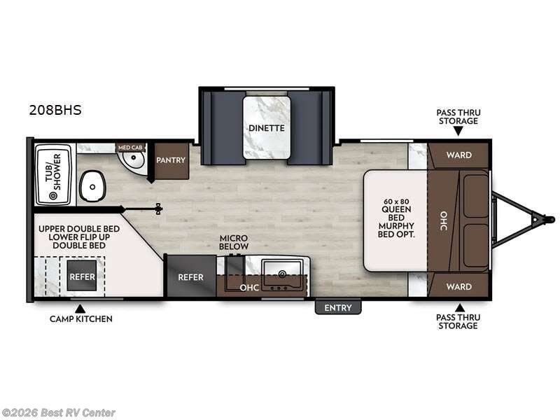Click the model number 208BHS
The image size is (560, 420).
(55, 110)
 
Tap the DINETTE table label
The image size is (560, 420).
(266, 128)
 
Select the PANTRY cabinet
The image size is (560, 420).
(171, 160)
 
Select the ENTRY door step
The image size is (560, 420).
(338, 308)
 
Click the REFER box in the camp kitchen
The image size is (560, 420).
(81, 276)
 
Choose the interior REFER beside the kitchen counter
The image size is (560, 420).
(190, 277)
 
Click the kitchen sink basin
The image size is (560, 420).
(283, 269)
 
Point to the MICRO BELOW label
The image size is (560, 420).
(234, 242)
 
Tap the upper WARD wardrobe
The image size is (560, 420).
(458, 155)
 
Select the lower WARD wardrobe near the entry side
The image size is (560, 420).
(458, 286)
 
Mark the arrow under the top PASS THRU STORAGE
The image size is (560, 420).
(458, 131)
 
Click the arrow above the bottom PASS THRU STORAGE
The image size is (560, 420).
(459, 307)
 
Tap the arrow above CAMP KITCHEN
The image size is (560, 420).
(80, 307)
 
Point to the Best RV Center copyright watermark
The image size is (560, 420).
(59, 413)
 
